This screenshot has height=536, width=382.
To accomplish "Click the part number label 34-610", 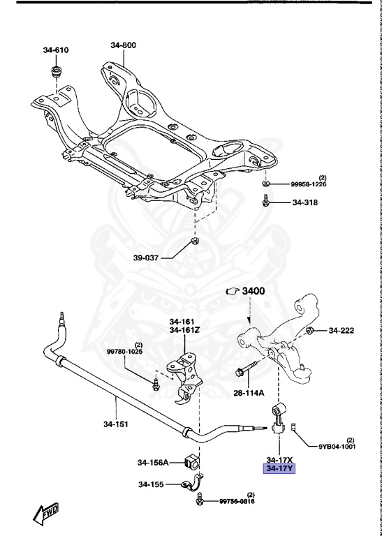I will coord(56,50).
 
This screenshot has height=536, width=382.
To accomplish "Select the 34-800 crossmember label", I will coord(123,45).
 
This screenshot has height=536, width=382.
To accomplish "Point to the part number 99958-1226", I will coord(309,184).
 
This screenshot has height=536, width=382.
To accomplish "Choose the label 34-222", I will coord(343,330).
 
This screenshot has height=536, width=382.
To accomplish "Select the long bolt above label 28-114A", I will coord(252,365).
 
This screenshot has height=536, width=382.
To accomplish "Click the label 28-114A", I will coord(249,393).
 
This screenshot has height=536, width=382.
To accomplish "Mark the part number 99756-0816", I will coord(237,500).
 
